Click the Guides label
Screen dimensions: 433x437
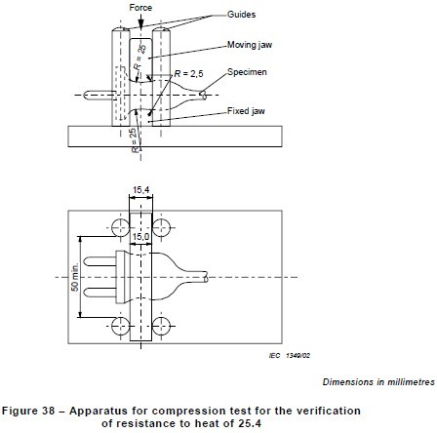(x=240, y=15)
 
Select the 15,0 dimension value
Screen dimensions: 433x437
(x=140, y=236)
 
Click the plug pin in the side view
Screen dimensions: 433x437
(x=98, y=96)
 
